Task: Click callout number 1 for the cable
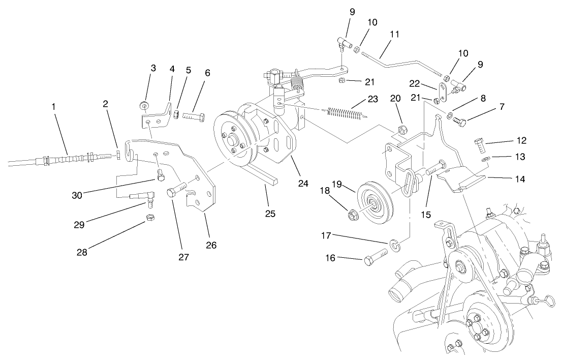click(53, 106)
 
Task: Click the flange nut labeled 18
click(352, 215)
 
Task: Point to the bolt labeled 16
click(376, 257)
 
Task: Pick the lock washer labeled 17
click(395, 245)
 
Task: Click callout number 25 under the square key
click(270, 214)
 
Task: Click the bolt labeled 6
click(194, 117)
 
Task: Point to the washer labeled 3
click(144, 106)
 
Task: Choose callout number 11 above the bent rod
click(395, 35)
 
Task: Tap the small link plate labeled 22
click(442, 93)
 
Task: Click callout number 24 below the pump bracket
click(303, 184)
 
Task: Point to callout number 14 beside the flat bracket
click(520, 179)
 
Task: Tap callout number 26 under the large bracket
click(211, 245)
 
